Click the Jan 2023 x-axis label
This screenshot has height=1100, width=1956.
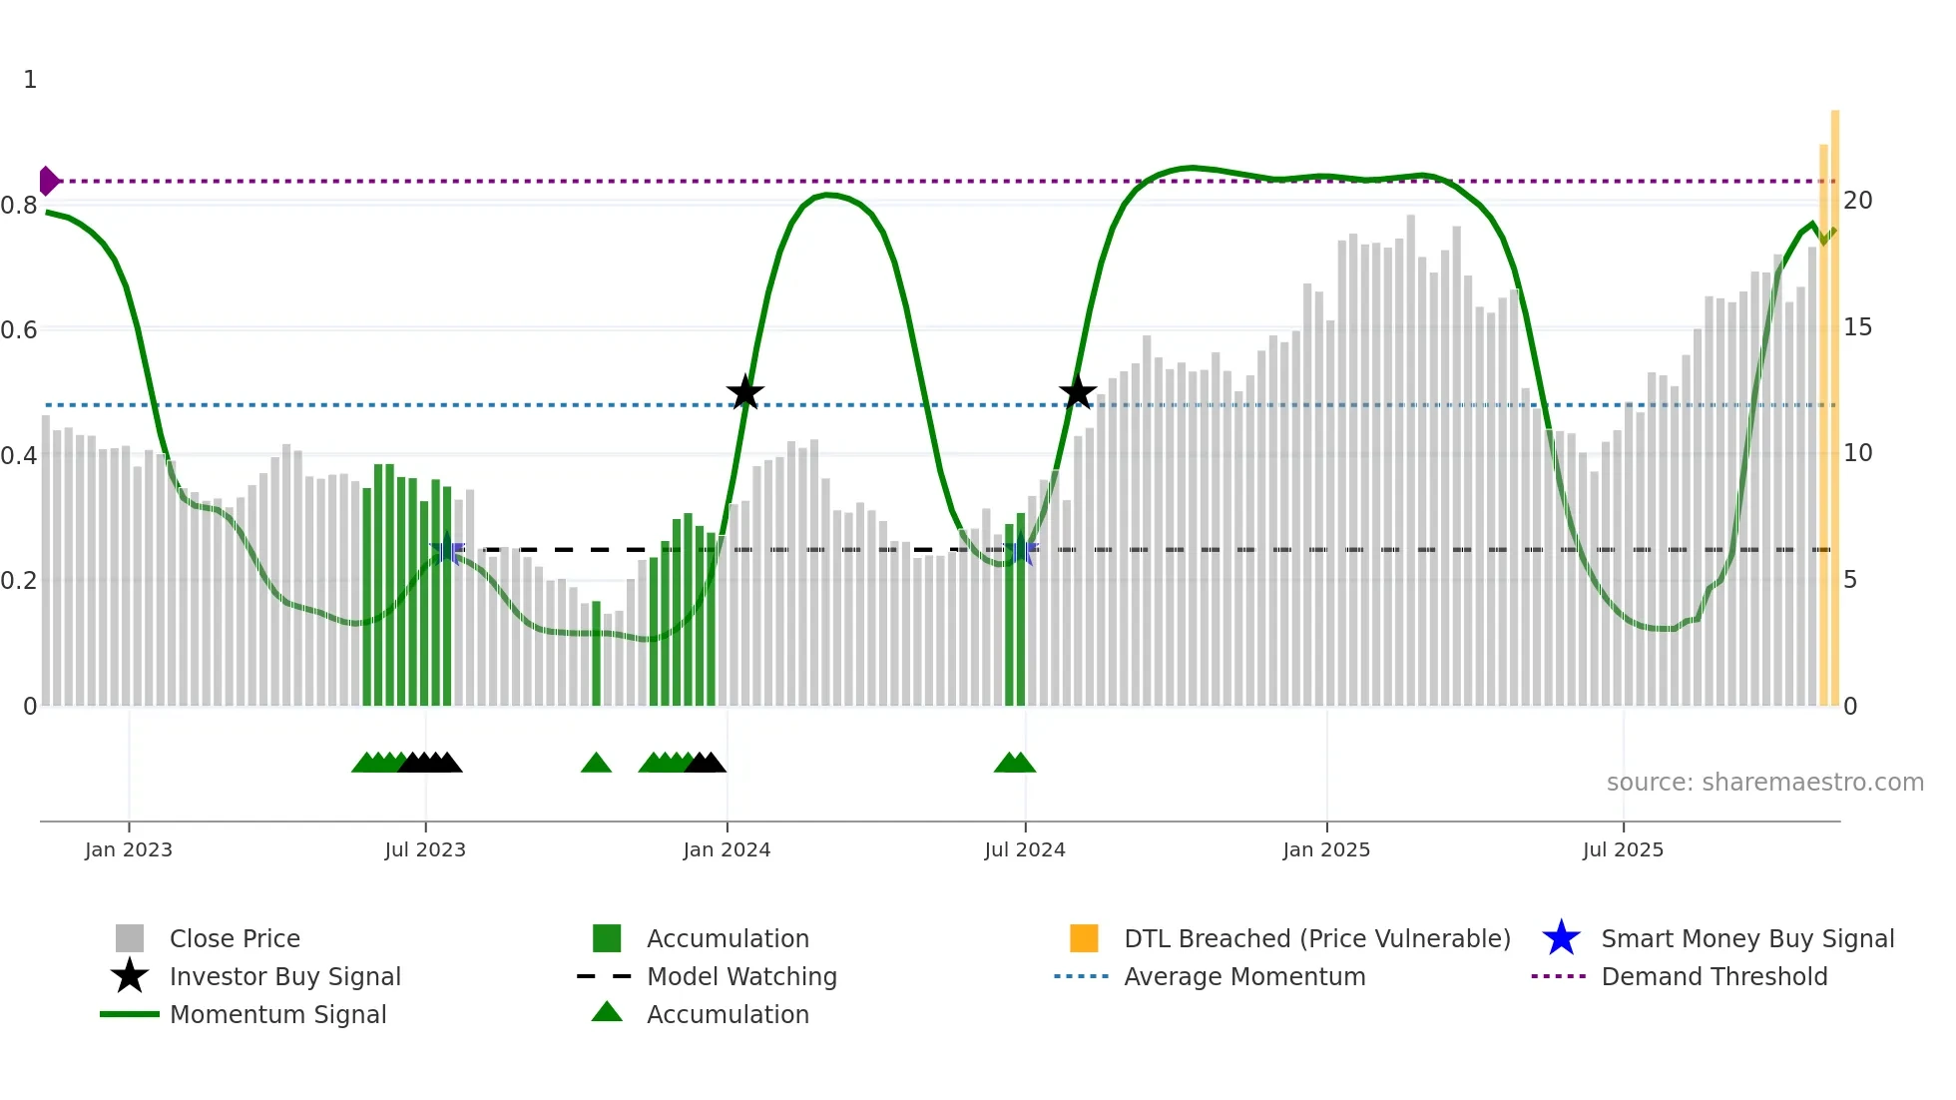tap(129, 849)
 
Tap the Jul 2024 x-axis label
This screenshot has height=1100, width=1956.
tap(1025, 849)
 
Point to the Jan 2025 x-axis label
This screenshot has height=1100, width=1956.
tap(1326, 849)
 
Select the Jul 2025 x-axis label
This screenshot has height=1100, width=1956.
tap(1624, 849)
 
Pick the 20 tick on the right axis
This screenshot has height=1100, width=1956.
tap(1857, 201)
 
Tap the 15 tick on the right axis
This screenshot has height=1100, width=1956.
tap(1857, 327)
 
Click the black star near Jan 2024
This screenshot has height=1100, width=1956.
tap(744, 393)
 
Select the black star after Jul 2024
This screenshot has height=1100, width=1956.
tap(1077, 393)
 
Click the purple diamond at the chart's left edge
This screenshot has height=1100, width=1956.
tap(48, 181)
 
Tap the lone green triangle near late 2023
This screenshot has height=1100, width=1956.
tap(596, 764)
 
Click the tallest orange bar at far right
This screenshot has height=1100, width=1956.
tap(1835, 399)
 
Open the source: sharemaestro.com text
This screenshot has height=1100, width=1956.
tap(1764, 783)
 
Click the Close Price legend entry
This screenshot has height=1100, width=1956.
tap(235, 938)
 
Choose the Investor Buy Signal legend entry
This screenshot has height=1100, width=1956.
tap(284, 976)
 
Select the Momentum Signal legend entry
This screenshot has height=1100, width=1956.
tap(277, 1014)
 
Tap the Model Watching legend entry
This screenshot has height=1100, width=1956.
tap(741, 976)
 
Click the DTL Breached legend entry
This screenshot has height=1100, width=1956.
tap(1316, 938)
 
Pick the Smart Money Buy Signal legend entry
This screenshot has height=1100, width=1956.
tap(1747, 938)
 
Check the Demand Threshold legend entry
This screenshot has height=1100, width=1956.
tap(1713, 976)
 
